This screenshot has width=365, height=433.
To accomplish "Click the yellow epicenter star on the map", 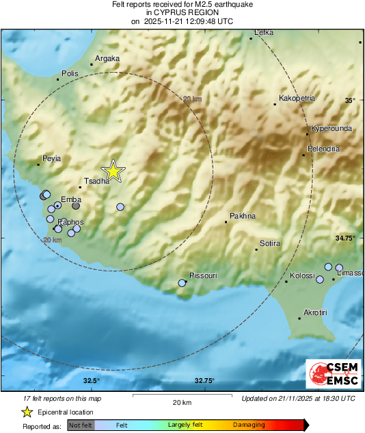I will [113, 171].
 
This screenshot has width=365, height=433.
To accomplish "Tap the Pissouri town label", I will [203, 275].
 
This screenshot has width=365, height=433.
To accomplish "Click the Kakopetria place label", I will [295, 98].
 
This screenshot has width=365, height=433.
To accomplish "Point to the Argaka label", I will [107, 59].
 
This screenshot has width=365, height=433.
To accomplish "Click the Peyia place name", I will [52, 158].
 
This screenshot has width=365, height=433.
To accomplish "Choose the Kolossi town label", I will [302, 275].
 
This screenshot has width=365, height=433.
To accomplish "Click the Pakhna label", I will [243, 216].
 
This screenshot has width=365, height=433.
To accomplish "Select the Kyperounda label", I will [330, 129].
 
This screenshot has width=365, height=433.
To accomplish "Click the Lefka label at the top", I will [263, 33].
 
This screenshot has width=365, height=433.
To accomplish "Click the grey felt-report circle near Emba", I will [76, 205].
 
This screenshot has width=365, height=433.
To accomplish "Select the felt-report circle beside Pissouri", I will [182, 283].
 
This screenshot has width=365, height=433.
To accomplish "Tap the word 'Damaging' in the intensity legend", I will [249, 425].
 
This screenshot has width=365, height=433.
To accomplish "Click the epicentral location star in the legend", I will [27, 412].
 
